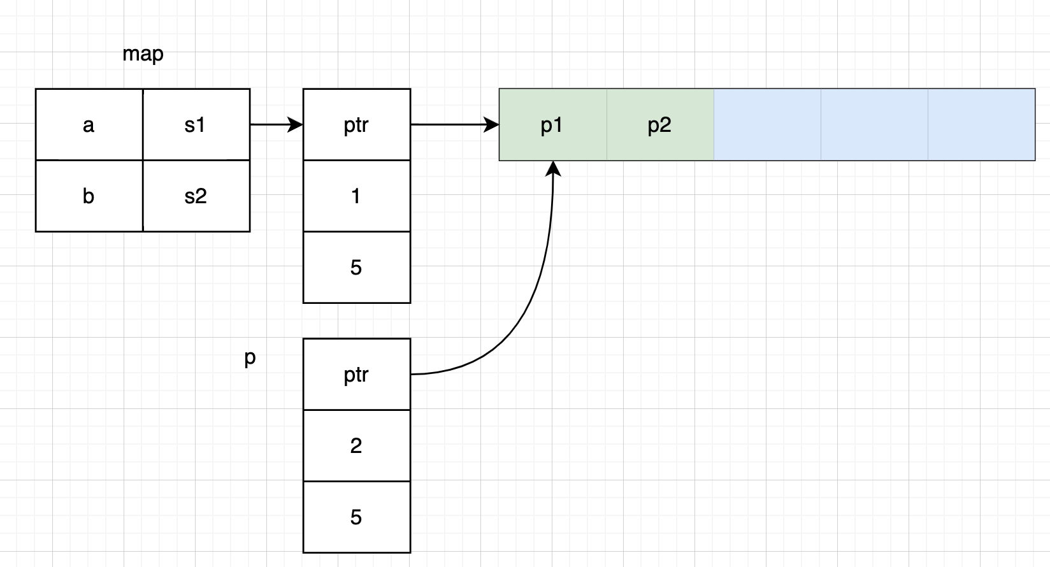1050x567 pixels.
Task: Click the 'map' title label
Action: (x=143, y=54)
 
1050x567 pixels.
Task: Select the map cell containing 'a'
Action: (x=89, y=125)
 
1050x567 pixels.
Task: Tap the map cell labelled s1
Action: (x=196, y=125)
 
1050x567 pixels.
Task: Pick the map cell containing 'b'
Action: (x=89, y=196)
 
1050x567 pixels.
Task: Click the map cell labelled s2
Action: (x=196, y=196)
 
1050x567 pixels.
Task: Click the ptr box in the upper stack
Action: (x=356, y=125)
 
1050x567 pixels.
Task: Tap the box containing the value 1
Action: (x=356, y=196)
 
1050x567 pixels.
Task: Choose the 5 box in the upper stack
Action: (x=356, y=268)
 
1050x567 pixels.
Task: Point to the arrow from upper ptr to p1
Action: (x=454, y=125)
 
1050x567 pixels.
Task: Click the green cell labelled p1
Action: (x=552, y=125)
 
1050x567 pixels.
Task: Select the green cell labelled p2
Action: (x=659, y=125)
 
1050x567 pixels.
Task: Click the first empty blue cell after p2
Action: (x=767, y=125)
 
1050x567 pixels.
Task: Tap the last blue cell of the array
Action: (x=981, y=125)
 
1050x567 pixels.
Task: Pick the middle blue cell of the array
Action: (x=874, y=125)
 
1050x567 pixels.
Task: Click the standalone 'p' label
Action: (x=250, y=358)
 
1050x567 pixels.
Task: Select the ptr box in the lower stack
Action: (x=356, y=375)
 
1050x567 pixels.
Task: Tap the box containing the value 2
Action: (x=356, y=446)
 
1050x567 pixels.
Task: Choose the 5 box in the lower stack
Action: (x=356, y=517)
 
